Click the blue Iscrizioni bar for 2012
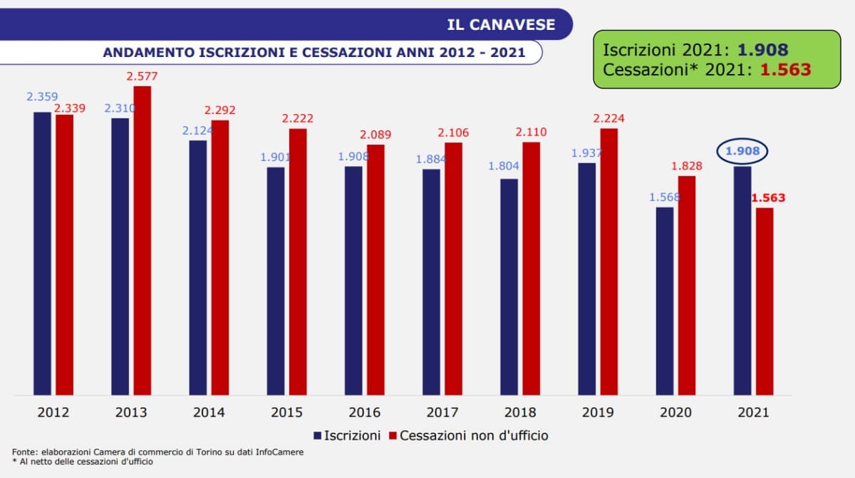point(42,253)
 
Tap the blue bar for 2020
point(665,301)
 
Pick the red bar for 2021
point(765,301)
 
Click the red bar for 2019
point(609,261)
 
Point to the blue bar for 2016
point(353,280)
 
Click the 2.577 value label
point(142,76)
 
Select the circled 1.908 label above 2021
point(742,151)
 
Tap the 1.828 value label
point(686,166)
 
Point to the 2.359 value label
point(42,96)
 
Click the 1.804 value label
point(504,166)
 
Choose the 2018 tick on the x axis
point(520,412)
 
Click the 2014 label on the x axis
point(209,412)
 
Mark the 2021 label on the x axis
point(753,412)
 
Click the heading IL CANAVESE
point(501,24)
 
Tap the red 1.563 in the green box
point(785,69)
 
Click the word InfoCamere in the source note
point(279,452)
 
